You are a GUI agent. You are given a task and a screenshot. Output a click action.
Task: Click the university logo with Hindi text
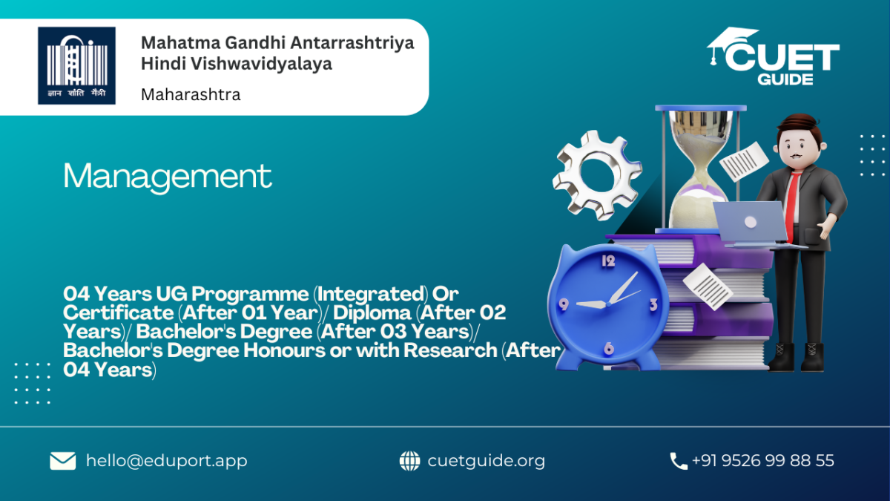(x=76, y=65)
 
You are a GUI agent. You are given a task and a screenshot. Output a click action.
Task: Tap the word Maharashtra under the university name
(x=191, y=95)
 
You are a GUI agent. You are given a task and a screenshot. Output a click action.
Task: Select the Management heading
(x=168, y=177)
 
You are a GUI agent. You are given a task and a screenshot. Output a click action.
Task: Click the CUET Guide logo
(x=773, y=56)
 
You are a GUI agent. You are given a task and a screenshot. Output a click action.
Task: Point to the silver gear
(x=596, y=175)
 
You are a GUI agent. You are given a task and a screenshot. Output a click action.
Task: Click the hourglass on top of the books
(x=700, y=170)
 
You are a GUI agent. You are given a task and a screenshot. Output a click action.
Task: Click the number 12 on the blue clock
(x=608, y=261)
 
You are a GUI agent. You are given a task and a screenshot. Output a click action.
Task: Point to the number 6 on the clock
(x=609, y=348)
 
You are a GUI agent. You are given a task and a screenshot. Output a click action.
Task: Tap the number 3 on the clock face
(x=653, y=305)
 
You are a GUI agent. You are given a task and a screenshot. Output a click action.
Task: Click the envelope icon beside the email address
(x=63, y=461)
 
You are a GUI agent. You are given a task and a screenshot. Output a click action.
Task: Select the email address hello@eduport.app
(x=166, y=461)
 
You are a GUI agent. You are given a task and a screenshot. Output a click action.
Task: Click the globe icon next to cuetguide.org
(x=409, y=461)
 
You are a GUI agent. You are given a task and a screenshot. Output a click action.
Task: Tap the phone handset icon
(x=678, y=461)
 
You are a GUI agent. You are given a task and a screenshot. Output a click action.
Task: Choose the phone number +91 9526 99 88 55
(x=763, y=460)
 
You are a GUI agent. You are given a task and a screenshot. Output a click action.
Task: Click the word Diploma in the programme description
(x=372, y=313)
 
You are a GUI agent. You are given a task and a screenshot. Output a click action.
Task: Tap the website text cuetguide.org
(x=487, y=461)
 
